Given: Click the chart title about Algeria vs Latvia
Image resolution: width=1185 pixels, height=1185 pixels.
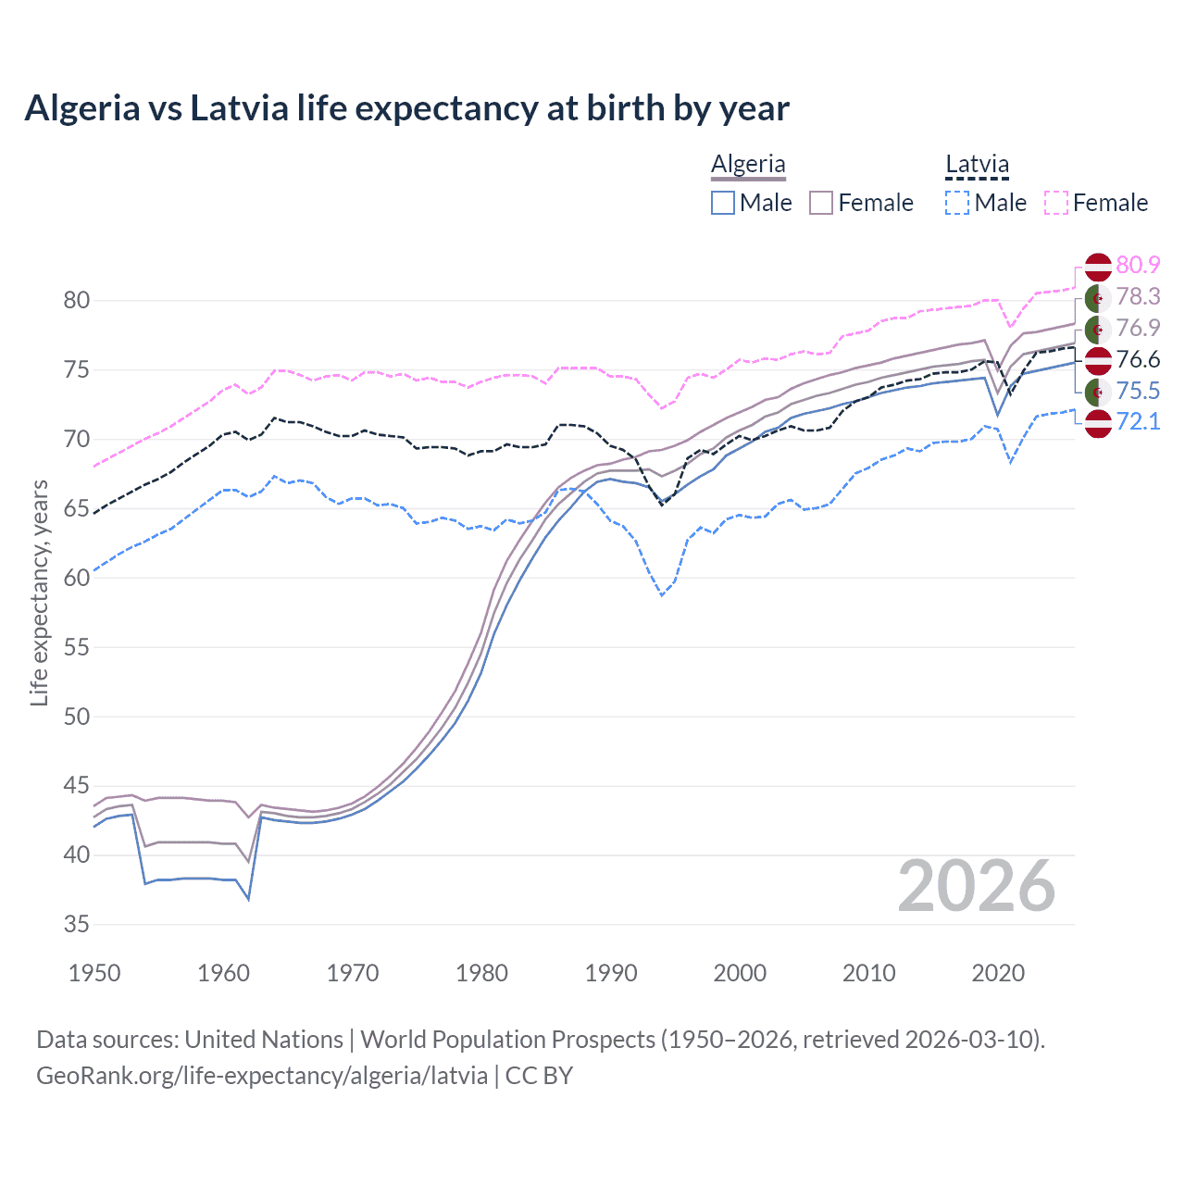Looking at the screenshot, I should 406,108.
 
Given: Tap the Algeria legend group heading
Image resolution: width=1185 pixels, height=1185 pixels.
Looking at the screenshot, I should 748,165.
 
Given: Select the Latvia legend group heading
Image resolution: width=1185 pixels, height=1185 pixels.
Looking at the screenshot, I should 977,165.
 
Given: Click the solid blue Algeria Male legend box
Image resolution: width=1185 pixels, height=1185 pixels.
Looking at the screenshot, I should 723,203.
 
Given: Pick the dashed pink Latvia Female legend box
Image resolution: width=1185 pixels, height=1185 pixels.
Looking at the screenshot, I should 1056,203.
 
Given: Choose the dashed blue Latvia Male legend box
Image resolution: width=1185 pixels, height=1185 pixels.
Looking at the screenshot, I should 957,203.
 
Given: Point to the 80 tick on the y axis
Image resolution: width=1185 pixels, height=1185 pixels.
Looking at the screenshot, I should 77,300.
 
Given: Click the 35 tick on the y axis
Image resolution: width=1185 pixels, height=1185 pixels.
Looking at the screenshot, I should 77,924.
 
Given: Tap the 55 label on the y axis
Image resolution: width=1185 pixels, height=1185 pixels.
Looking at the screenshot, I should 77,647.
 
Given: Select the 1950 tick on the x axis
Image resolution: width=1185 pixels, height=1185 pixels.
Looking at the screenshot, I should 95,973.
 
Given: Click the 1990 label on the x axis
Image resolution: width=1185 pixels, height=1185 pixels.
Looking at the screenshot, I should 611,973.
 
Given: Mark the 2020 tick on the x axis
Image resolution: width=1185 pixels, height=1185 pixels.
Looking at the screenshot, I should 998,973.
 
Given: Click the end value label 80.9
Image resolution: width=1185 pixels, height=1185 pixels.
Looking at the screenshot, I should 1138,265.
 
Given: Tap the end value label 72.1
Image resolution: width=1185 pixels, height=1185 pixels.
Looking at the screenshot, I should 1138,422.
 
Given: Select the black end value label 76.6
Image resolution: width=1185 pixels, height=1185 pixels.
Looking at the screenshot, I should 1138,359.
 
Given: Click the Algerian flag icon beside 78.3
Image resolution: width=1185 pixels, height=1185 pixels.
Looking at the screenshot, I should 1098,297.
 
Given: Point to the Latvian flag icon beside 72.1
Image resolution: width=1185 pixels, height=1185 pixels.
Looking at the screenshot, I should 1098,423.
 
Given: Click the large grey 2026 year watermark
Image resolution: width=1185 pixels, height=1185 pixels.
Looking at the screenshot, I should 976,886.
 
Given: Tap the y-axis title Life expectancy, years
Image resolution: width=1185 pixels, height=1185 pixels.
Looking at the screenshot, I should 40,592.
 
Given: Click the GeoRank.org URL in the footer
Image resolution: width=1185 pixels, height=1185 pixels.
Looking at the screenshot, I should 262,1076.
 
